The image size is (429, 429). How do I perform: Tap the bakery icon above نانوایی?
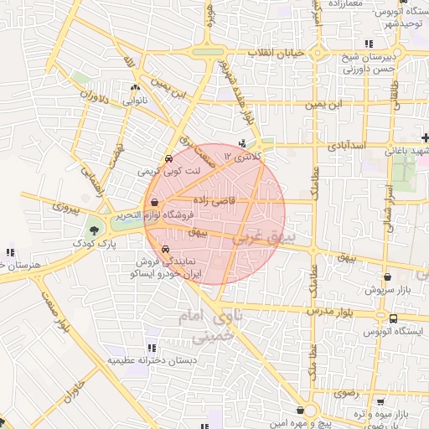point(135,87)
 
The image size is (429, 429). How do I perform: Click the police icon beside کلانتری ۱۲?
point(242,143)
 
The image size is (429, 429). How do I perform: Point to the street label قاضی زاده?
point(216,200)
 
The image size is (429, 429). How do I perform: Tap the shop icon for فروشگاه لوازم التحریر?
point(154,204)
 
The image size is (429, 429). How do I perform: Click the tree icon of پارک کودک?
point(93,230)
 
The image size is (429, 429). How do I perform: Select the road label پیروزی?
point(66,204)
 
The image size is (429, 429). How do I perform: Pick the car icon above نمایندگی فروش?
point(165,249)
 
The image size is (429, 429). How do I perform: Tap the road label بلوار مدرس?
point(344,310)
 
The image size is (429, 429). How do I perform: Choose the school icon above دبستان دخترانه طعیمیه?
point(152,347)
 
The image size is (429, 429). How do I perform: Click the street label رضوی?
point(346,392)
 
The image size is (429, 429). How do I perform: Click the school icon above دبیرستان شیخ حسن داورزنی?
point(369,44)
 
